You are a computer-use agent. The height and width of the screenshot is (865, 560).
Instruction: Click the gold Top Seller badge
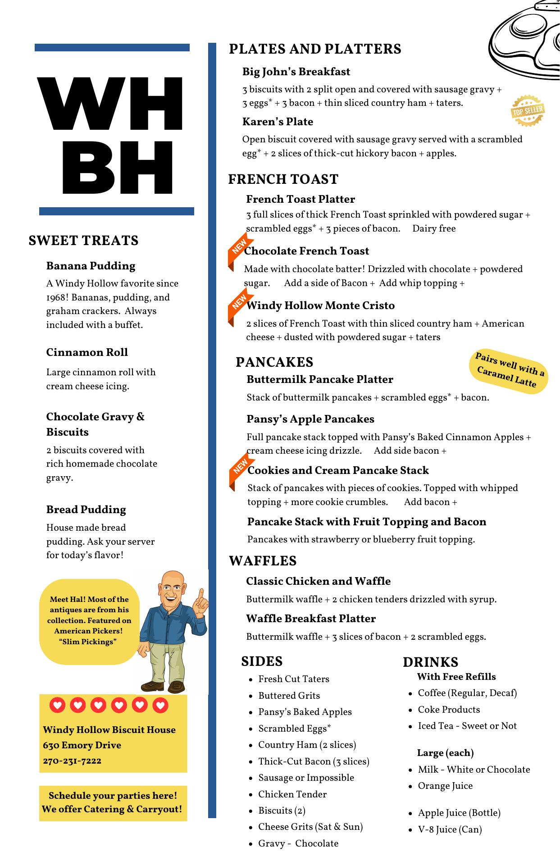[528, 110]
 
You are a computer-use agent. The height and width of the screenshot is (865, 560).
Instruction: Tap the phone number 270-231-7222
[72, 760]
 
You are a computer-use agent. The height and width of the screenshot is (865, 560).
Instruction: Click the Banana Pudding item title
[91, 266]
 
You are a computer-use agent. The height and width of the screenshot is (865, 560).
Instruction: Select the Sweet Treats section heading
[83, 241]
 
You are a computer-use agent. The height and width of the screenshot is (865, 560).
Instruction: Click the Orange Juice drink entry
[445, 786]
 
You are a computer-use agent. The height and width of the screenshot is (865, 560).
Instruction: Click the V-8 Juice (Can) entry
[450, 829]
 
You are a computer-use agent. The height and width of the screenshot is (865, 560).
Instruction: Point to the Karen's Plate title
[278, 122]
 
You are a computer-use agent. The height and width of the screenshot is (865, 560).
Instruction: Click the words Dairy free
[434, 228]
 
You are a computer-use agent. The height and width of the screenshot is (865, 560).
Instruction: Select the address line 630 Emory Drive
[82, 745]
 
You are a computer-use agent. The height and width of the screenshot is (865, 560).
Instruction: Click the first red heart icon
[57, 705]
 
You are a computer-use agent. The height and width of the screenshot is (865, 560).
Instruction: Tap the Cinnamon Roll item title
[87, 352]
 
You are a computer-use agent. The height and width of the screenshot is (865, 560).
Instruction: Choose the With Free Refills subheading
[456, 677]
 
